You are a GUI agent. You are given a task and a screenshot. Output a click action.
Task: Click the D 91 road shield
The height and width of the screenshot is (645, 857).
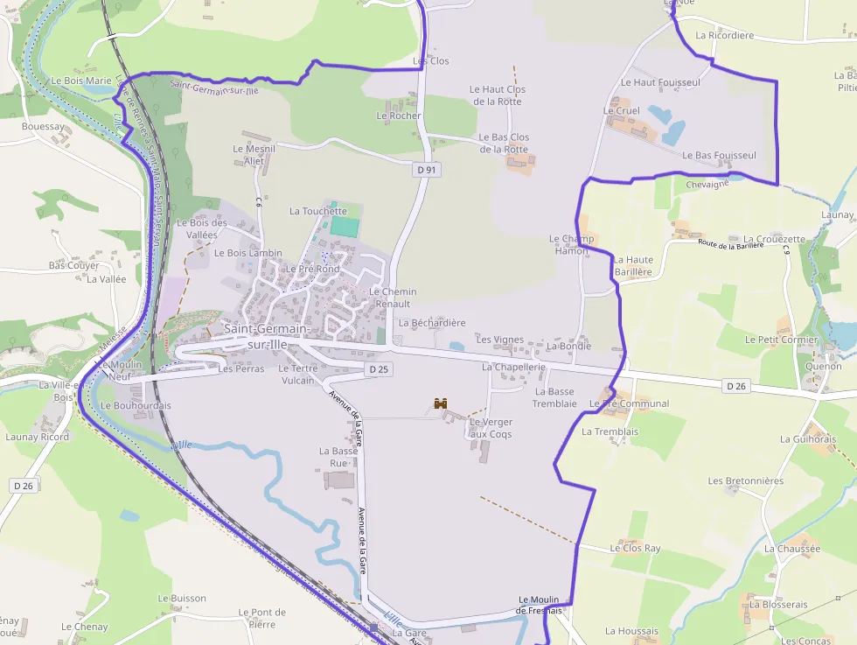coord(426,170)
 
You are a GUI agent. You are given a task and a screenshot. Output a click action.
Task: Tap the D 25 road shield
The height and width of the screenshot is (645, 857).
coord(378,370)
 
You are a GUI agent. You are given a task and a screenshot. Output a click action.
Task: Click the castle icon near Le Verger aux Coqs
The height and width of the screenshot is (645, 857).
coord(441,404)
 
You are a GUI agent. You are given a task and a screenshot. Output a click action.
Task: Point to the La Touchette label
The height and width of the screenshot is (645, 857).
coord(318,211)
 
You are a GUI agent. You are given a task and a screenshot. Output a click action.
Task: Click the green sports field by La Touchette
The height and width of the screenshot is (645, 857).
coord(345,226)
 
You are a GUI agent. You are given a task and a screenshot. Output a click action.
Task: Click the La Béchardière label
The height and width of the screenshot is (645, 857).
coord(432,323)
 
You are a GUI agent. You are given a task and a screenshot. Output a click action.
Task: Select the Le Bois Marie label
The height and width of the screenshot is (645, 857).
coord(81,81)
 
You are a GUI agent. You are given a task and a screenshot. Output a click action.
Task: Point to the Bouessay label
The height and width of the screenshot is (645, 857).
coord(43,127)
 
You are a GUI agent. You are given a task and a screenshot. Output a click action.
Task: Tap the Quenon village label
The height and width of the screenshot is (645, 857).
coord(822,367)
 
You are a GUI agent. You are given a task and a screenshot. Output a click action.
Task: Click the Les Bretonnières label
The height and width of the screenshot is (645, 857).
coord(745,480)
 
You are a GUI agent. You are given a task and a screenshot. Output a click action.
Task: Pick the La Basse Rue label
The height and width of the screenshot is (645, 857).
coord(338,457)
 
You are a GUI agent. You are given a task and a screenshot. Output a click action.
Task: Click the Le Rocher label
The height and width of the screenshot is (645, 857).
coord(399,116)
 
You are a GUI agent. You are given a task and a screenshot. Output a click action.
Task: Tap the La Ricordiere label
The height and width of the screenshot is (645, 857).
coord(724,36)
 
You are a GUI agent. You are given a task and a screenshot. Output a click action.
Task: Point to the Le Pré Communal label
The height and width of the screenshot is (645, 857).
coord(630,403)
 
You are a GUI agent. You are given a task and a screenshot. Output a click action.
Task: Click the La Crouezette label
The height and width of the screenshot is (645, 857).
coord(774,239)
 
